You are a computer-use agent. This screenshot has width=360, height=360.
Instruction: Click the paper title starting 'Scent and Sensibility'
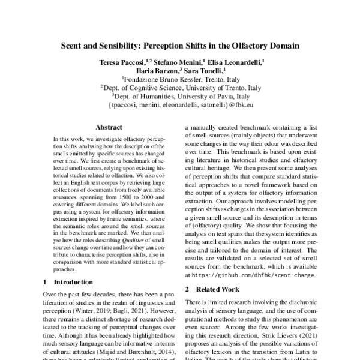(180, 44)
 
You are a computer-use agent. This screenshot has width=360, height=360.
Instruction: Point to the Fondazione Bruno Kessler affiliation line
(180, 79)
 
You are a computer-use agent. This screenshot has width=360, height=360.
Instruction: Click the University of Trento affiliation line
(180, 87)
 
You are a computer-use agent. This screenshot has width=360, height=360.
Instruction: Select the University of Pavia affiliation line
(180, 95)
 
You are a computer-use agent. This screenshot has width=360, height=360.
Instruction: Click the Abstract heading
(109, 128)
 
